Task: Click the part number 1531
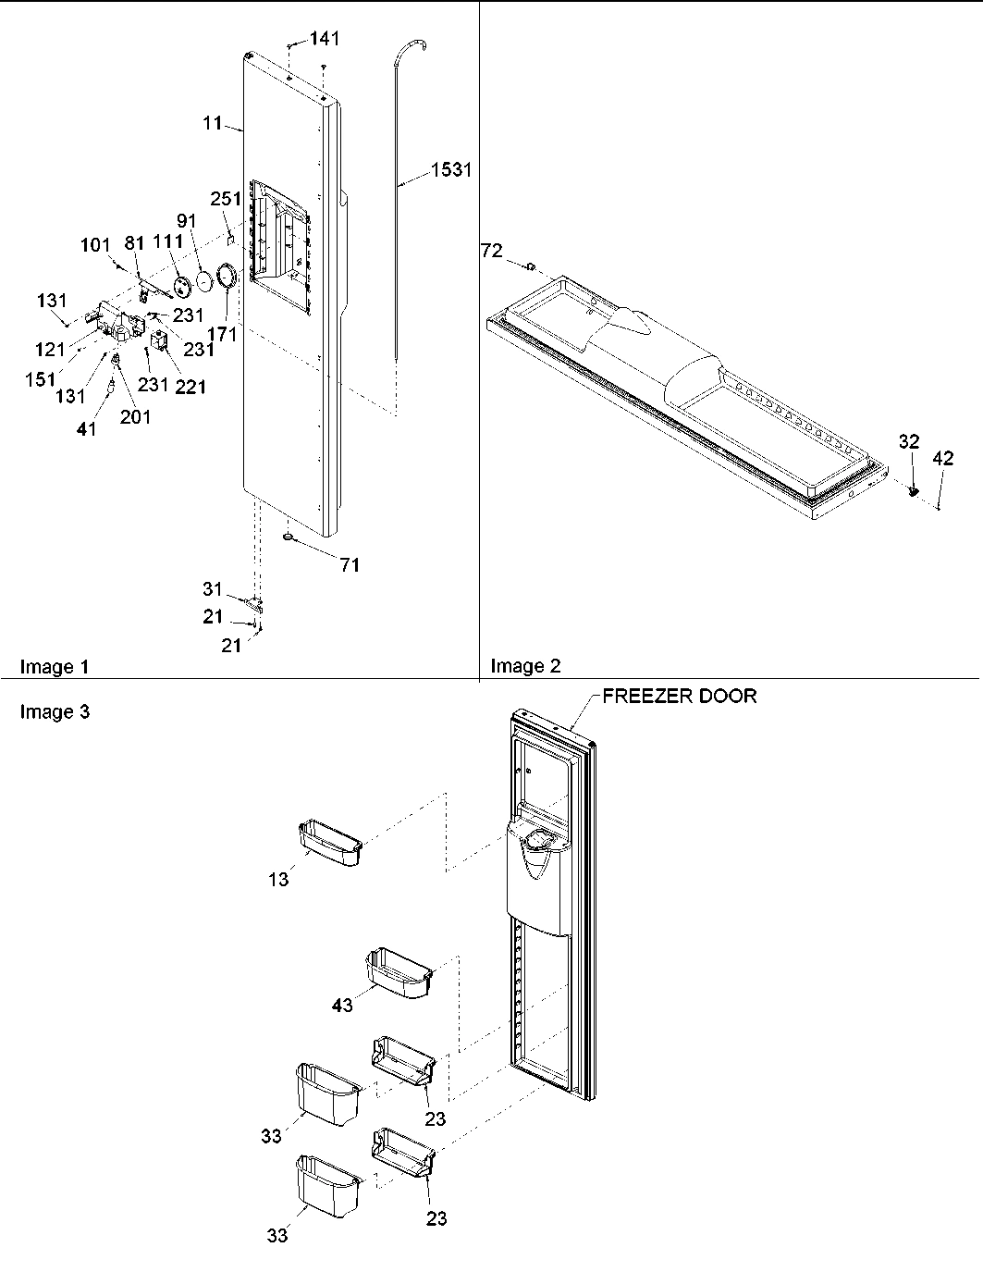[451, 170]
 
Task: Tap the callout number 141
[324, 38]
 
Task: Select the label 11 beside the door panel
[213, 122]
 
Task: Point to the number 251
[226, 199]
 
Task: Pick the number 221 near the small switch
[190, 387]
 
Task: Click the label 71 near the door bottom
[349, 565]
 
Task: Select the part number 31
[213, 589]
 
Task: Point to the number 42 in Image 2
[942, 457]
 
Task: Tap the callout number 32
[909, 442]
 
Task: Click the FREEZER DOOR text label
[679, 696]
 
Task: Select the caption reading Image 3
[55, 711]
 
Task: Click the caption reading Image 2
[525, 665]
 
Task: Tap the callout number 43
[342, 1005]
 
